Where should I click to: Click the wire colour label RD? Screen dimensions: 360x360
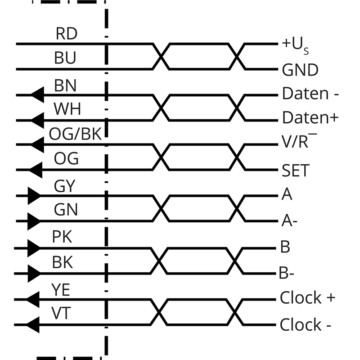[66, 34]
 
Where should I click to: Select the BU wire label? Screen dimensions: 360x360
[65, 58]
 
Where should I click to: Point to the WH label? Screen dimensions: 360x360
[66, 109]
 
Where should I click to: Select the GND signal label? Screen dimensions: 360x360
[300, 70]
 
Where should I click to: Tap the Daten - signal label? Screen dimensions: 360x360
[310, 94]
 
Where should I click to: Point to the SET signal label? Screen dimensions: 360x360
[296, 171]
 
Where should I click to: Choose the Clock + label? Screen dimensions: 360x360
[307, 298]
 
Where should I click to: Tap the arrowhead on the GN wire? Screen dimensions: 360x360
[35, 221]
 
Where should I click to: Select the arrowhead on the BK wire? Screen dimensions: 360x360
[35, 272]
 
